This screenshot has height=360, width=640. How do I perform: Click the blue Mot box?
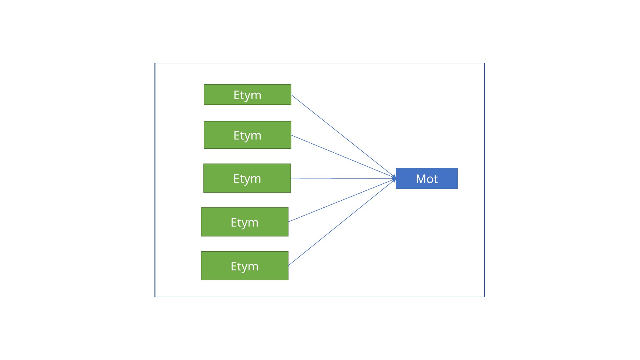click(427, 178)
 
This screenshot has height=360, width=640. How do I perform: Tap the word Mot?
click(427, 179)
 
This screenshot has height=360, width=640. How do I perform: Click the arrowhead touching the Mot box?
click(394, 178)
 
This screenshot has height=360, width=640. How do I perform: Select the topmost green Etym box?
click(248, 95)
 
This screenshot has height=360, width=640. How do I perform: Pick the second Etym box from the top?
click(248, 135)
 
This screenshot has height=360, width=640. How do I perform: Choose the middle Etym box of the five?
click(247, 178)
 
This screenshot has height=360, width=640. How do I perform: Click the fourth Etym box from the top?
click(245, 222)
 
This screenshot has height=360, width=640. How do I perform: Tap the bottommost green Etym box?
click(245, 266)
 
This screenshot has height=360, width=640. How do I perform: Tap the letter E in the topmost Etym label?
click(236, 95)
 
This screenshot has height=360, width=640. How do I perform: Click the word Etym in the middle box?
click(247, 179)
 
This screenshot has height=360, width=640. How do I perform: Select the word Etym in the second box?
click(248, 136)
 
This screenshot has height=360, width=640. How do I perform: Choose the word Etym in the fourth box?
click(245, 223)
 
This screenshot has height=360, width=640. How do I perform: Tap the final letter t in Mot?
click(436, 179)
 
